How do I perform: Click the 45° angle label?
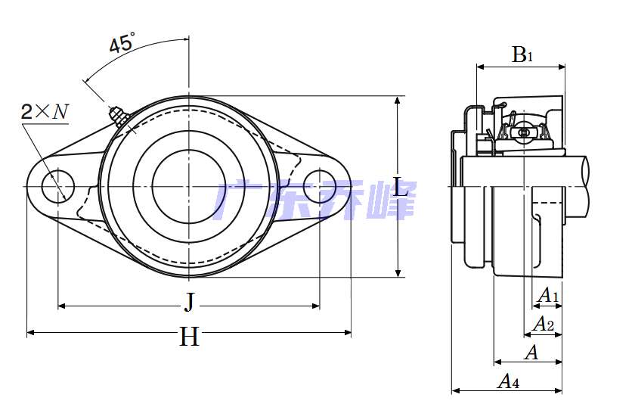click(122, 42)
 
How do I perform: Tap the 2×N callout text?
click(45, 111)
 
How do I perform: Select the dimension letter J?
click(189, 303)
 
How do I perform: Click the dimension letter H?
click(189, 337)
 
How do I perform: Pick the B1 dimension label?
click(522, 54)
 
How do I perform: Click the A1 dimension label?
click(547, 295)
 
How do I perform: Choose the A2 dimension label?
click(543, 324)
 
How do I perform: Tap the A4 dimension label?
click(509, 381)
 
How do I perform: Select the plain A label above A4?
click(531, 353)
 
